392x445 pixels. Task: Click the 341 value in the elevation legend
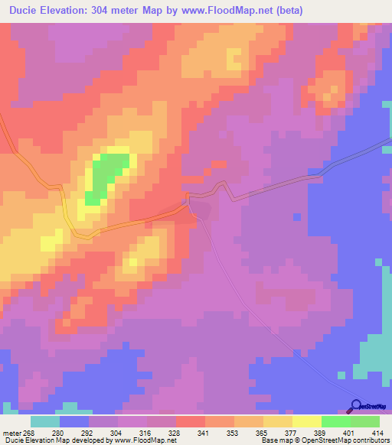203,433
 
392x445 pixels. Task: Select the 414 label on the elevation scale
377,433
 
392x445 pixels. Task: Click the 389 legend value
319,433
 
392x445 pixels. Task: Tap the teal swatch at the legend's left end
45,421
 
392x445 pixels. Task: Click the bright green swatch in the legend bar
335,421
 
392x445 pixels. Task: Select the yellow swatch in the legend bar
306,421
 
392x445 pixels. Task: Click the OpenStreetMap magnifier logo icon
355,406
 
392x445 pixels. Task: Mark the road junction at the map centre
188,201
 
